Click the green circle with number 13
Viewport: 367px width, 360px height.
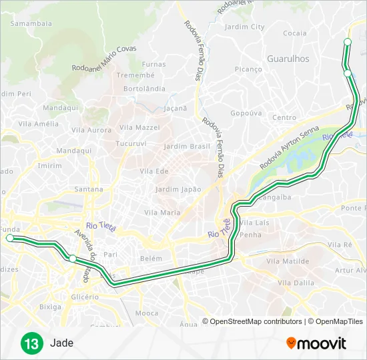pyautogui.click(x=31, y=344)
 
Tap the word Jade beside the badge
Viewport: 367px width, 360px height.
pyautogui.click(x=61, y=344)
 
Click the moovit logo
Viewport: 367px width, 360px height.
pyautogui.click(x=316, y=343)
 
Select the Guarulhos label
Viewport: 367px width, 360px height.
pyautogui.click(x=288, y=59)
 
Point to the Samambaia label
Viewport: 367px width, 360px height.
pyautogui.click(x=31, y=23)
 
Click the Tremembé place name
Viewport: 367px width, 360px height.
pyautogui.click(x=135, y=75)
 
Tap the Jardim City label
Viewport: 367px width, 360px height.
pyautogui.click(x=245, y=27)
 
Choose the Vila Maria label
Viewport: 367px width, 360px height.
pyautogui.click(x=162, y=213)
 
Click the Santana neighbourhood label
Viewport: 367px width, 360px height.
pyautogui.click(x=89, y=189)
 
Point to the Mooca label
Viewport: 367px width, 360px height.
pyautogui.click(x=147, y=313)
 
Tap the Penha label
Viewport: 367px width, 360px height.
pyautogui.click(x=250, y=235)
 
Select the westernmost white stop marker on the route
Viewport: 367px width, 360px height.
pyautogui.click(x=9, y=238)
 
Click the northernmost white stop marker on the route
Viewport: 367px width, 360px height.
pyautogui.click(x=347, y=42)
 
